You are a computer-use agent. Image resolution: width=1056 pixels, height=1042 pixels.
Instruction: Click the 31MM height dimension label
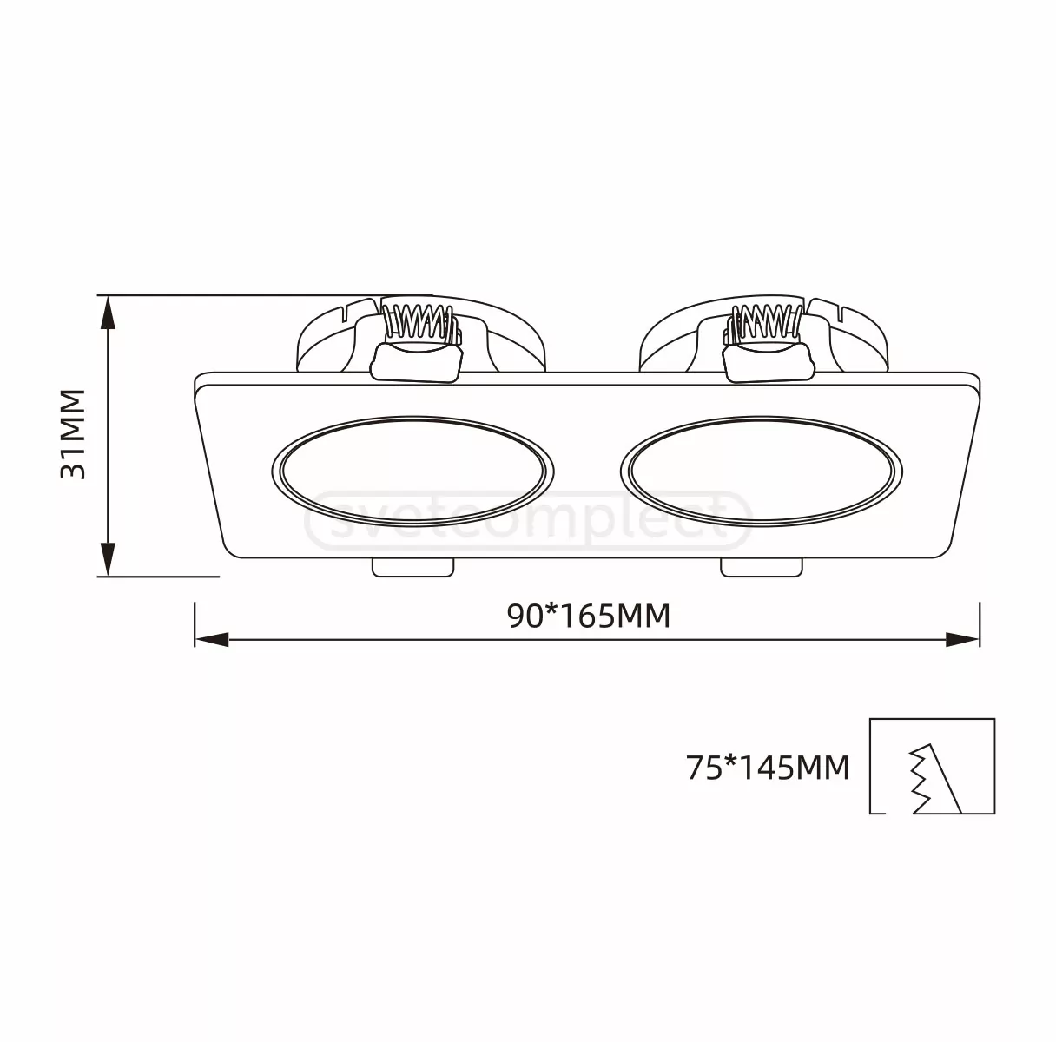click(x=72, y=435)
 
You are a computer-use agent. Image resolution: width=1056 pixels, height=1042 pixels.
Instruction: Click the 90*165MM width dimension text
click(x=589, y=617)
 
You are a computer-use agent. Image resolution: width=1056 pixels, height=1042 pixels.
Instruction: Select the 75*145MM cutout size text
click(x=768, y=768)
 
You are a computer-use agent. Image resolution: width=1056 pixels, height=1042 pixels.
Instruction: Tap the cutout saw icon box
click(x=932, y=766)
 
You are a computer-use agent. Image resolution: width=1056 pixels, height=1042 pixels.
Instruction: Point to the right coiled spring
click(x=765, y=322)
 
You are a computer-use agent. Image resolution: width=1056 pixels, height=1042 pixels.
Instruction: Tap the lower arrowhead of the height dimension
click(x=109, y=559)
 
